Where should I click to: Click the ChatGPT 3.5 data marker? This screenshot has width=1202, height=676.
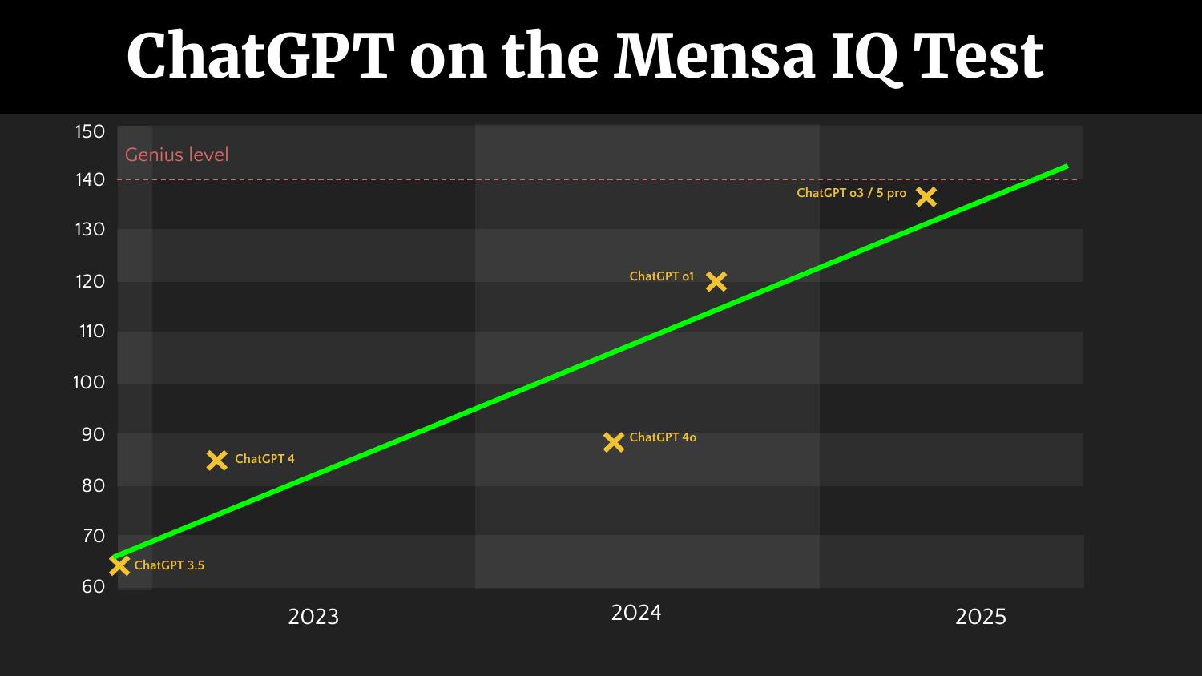pos(119,565)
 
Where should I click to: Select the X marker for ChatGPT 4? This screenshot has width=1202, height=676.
pos(216,460)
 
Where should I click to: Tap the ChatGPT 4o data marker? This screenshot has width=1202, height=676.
pos(614,441)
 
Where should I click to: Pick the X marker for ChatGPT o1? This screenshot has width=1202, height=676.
pos(716,281)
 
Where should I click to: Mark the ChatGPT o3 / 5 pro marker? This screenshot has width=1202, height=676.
pos(926,196)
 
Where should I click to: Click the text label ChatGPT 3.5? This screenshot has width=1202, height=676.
pos(169,565)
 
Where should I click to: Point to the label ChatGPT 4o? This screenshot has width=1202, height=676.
pos(663,437)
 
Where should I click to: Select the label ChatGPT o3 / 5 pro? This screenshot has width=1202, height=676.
pos(851,193)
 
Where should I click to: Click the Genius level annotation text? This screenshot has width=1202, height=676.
pos(176,155)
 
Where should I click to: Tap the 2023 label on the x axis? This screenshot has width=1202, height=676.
pos(313,617)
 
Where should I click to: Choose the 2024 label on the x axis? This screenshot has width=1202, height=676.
pos(636,613)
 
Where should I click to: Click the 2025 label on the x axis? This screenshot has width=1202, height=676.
pos(981,617)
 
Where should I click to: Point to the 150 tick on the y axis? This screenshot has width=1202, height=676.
pos(91,131)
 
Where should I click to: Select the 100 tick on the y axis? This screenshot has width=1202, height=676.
pos(89,382)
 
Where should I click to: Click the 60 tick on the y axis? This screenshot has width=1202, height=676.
pos(93,586)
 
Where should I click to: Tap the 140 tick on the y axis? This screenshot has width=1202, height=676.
pos(91,179)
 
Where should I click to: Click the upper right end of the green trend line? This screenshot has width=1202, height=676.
pos(1066,167)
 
